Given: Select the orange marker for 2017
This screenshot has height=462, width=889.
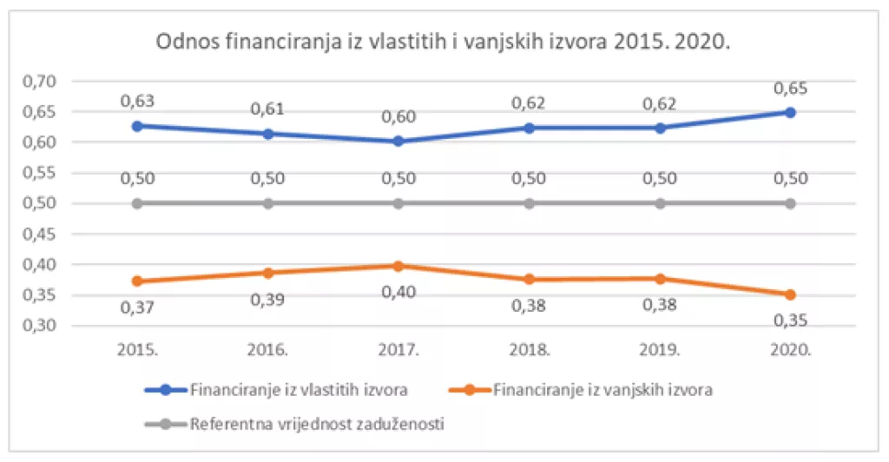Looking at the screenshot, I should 398,266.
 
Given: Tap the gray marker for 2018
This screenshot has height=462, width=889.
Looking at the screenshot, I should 529,203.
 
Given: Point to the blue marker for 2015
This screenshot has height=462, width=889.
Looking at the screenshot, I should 137,125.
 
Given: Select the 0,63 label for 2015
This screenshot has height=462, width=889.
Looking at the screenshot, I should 137,101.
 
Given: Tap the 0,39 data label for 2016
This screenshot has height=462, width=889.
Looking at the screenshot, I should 267,300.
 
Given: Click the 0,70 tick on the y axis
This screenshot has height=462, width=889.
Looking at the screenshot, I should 39,82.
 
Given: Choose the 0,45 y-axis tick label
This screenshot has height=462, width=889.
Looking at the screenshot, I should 39,234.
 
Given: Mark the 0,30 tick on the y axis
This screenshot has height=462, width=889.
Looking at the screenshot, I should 39,326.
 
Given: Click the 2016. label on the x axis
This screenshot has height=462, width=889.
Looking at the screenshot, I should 267,351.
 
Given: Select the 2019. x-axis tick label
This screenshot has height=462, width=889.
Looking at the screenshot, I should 660,351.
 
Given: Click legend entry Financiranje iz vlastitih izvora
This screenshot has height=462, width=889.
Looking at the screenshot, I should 298,390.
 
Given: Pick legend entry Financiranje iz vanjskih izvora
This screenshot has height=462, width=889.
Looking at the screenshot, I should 603,390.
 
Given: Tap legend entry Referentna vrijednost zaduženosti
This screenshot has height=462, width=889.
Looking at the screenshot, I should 318,425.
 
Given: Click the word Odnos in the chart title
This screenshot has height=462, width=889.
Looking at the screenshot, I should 183,43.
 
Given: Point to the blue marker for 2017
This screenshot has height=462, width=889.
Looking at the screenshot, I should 398,141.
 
